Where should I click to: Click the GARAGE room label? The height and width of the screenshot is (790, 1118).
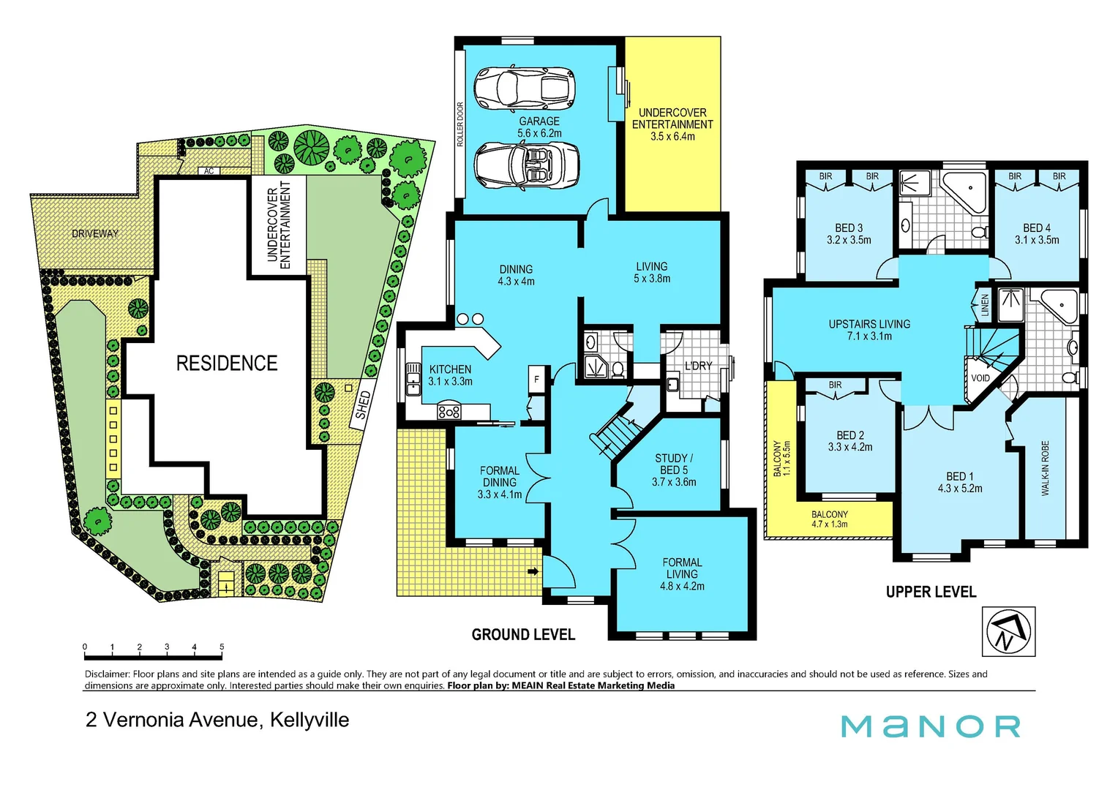539,121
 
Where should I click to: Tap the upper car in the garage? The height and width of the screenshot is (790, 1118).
524,88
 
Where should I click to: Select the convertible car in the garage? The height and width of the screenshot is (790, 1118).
527,165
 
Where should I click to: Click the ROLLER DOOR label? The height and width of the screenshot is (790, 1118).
460,124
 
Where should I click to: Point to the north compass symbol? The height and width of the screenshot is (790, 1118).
1008,631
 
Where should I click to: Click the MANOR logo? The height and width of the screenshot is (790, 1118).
930,726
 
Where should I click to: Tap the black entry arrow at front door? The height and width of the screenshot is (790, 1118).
533,571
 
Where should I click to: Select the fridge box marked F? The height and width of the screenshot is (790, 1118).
537,380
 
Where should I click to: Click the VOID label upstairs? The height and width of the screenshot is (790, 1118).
980,378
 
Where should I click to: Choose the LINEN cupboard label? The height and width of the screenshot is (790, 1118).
985,305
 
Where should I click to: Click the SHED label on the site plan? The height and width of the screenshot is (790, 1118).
363,405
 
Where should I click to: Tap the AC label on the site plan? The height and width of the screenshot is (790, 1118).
209,171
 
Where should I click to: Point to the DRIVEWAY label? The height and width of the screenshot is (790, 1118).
95,234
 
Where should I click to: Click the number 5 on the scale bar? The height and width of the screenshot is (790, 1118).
222,647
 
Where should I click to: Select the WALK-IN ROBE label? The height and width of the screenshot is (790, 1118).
1045,468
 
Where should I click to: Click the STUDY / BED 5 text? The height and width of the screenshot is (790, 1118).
674,464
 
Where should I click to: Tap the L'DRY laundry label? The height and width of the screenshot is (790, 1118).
698,366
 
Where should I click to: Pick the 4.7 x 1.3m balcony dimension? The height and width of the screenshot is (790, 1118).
830,524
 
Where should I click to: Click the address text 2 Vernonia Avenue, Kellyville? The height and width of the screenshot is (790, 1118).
217,720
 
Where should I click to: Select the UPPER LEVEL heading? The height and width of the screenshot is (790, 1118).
931,592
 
